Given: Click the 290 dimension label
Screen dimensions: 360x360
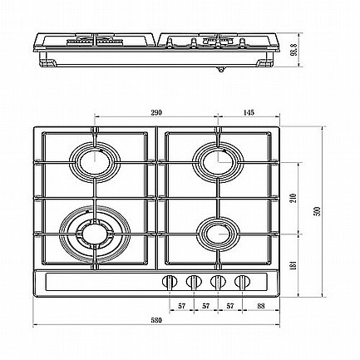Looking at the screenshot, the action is coord(156,112).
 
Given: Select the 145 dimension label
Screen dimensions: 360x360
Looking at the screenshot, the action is coord(249,112).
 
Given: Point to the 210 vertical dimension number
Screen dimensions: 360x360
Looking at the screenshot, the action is coord(293,198).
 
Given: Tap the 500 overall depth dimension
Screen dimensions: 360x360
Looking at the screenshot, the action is coord(318,211).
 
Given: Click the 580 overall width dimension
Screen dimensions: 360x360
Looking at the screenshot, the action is coord(156,320).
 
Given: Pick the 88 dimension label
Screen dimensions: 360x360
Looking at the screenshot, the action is coord(261,306).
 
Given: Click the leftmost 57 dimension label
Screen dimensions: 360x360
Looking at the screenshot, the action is coord(181,306).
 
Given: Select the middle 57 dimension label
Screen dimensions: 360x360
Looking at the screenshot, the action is coord(205,306).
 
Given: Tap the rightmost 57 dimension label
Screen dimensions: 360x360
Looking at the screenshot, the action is coord(230,306).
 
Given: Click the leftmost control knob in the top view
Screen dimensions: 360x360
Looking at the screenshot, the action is coord(170,282).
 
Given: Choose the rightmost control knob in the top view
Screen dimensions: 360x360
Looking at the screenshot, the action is coord(242,282).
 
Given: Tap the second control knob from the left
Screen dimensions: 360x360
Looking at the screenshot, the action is coord(194,282).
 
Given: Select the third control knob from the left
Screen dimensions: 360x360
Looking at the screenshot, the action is coord(218,282).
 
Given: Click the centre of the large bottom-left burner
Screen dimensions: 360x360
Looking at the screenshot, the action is coord(95,234).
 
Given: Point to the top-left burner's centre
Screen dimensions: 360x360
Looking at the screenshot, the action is coord(95,162).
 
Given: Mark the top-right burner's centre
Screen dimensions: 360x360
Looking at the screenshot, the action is coord(219,162).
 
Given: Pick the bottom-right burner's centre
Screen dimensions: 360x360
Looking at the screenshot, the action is coord(219,234).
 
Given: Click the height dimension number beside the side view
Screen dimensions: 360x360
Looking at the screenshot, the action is coord(293,50).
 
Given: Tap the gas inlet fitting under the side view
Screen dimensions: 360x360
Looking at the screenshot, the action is coord(221,69).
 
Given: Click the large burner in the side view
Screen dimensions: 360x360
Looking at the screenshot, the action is coord(95,42).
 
